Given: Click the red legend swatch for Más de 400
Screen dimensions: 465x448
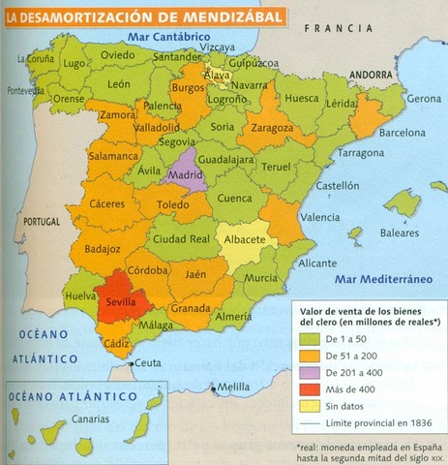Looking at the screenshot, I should point(310,384).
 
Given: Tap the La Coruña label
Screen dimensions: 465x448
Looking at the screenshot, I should point(31,57).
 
